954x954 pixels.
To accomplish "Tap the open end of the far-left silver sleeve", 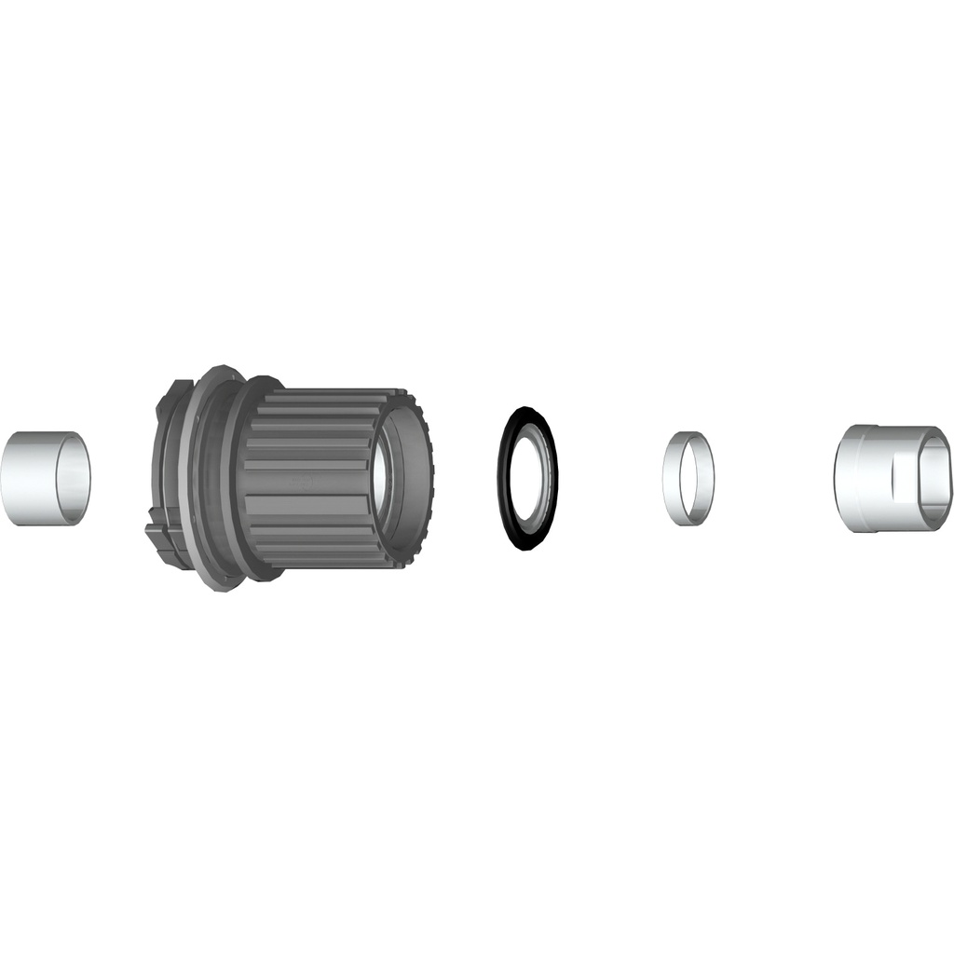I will click(74, 478).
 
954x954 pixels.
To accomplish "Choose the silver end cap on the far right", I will click(885, 479).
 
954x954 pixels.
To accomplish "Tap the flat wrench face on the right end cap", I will click(907, 479).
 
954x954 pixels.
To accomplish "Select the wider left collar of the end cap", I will click(852, 479).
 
